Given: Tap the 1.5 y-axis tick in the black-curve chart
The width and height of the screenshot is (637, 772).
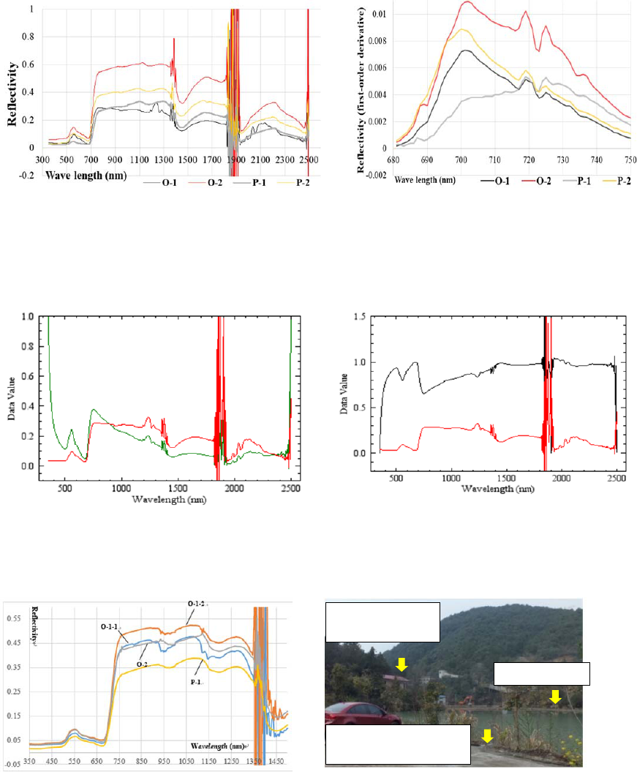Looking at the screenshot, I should click(x=360, y=316).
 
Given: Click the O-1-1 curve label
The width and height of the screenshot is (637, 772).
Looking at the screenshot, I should click(x=111, y=626).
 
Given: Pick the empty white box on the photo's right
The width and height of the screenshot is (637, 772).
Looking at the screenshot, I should click(x=542, y=673).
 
